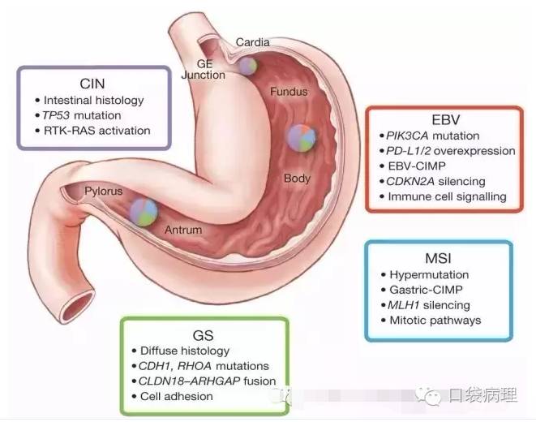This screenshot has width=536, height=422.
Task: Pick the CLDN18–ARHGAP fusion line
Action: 207,381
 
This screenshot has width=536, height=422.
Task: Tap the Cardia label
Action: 253,42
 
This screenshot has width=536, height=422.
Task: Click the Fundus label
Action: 289,92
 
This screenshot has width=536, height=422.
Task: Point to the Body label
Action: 297,177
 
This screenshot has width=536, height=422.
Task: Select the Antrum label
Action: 183,230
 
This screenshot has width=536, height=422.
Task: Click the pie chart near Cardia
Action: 247,64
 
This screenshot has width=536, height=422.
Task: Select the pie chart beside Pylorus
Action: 144,211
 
